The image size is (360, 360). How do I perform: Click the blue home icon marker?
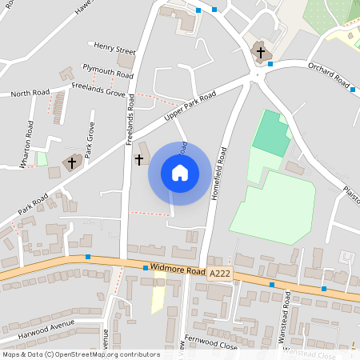(180, 173)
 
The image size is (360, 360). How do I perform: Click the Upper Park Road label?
(190, 107)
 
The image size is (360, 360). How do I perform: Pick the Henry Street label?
(115, 49)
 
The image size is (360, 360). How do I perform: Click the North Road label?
(30, 94)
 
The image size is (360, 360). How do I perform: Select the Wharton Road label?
(27, 144)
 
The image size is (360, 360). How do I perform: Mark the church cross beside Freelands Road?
(138, 160)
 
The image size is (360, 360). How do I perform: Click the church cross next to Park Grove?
(72, 162)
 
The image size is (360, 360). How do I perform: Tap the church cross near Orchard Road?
(259, 52)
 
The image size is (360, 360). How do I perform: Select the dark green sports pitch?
(270, 133)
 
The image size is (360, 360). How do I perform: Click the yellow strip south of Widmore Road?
(158, 294)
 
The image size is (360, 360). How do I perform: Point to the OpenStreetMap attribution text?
(81, 354)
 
